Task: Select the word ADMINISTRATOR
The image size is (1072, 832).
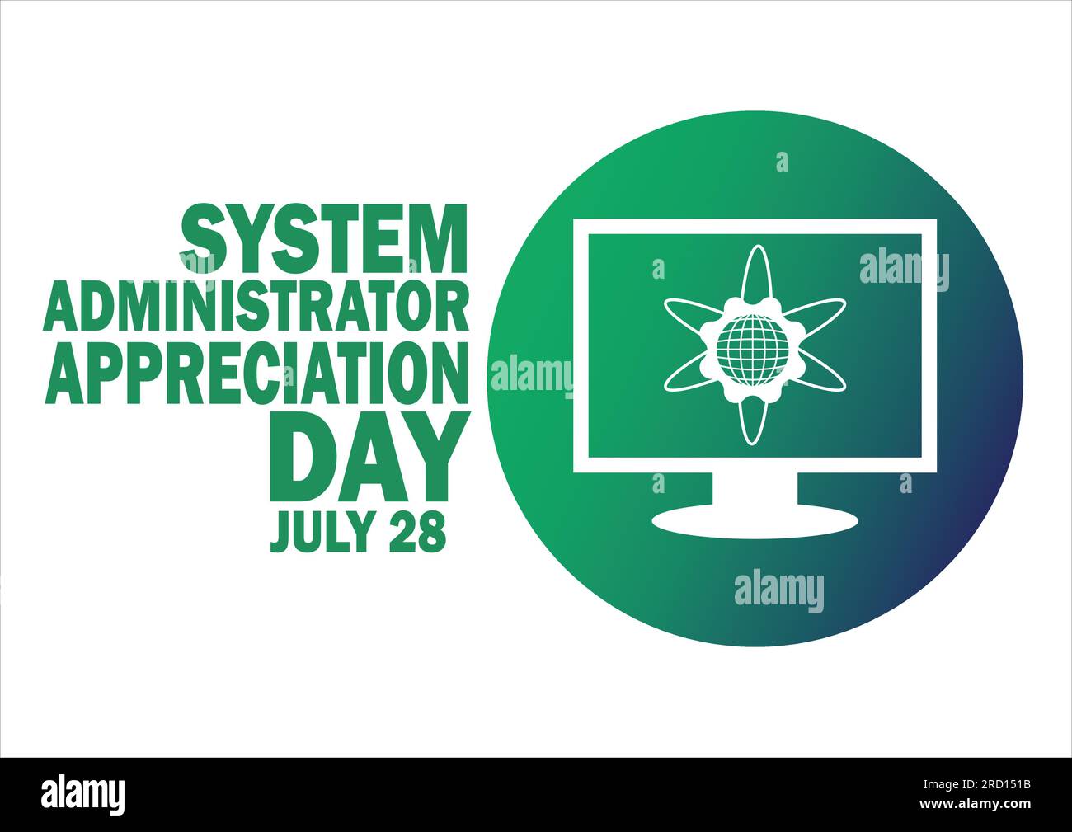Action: click(256, 306)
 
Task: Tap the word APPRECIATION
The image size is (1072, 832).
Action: click(256, 372)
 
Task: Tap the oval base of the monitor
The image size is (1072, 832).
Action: click(755, 521)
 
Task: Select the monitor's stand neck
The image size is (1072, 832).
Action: click(755, 490)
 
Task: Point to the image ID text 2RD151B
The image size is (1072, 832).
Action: click(991, 784)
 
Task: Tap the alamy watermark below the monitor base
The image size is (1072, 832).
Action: click(778, 591)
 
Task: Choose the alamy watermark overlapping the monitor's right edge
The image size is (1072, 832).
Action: click(904, 269)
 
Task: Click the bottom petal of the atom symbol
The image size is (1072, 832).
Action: click(755, 417)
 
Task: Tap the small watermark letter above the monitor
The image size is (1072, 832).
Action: click(782, 162)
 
